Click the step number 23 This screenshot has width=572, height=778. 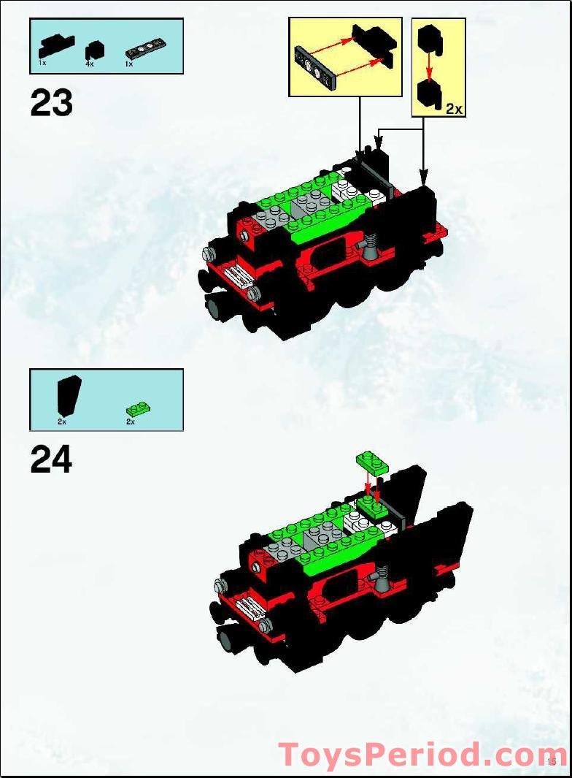[x=51, y=104]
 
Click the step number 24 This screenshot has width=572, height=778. [x=51, y=460]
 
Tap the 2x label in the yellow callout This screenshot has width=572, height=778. [x=454, y=109]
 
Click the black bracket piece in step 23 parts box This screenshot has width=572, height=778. [x=55, y=46]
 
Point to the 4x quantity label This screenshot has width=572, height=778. [x=89, y=65]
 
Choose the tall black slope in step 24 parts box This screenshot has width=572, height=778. [x=69, y=396]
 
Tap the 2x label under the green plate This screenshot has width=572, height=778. [x=131, y=422]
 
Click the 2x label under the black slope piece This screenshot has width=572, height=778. [x=62, y=422]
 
